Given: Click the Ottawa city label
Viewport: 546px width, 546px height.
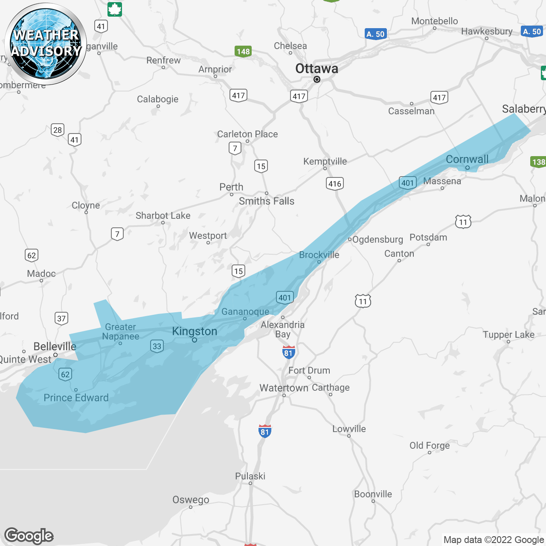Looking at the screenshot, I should click(317, 68).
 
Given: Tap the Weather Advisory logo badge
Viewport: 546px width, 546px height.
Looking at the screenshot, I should click(46, 44).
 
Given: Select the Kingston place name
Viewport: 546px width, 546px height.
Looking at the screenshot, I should click(195, 331).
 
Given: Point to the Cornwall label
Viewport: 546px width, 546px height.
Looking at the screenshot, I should click(467, 160).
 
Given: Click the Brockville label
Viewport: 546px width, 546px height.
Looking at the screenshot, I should click(319, 255).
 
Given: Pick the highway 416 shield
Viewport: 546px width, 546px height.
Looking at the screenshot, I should click(335, 184).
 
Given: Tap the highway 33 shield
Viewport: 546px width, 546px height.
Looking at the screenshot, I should click(157, 346).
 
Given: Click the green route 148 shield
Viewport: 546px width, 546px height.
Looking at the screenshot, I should click(243, 52).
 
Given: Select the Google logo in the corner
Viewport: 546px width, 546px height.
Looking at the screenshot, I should click(29, 536).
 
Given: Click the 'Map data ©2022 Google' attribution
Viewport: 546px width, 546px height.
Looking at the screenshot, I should click(494, 540).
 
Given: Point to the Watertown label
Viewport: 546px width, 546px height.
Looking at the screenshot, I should click(284, 388).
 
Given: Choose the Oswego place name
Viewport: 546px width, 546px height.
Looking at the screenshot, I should click(191, 500).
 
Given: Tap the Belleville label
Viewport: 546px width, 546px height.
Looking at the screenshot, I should click(55, 346).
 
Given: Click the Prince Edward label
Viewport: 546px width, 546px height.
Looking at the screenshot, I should click(76, 398).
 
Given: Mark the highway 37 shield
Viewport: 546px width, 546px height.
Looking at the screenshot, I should click(61, 318).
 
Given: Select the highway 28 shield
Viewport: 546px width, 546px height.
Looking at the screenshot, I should click(58, 130).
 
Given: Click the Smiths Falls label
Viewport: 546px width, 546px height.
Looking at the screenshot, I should click(267, 201).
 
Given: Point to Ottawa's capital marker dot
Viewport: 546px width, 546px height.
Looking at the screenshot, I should click(317, 79).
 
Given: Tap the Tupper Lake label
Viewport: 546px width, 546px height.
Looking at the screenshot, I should click(508, 334).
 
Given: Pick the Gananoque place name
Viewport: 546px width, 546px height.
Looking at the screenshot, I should click(245, 311).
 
